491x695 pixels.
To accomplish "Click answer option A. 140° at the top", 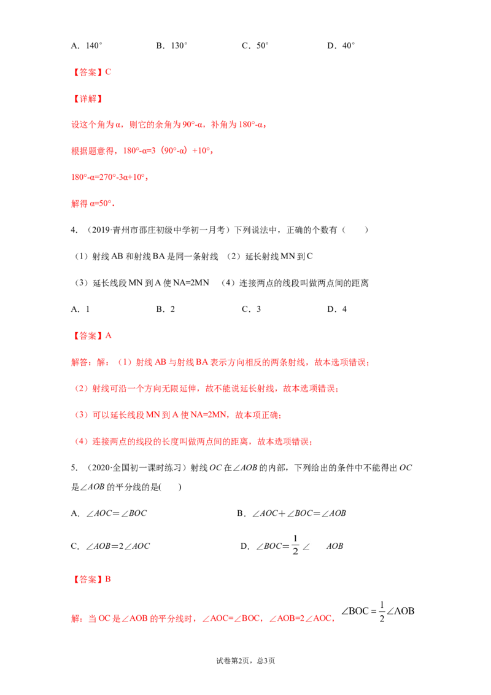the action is click(x=87, y=45).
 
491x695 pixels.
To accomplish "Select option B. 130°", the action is click(x=172, y=45).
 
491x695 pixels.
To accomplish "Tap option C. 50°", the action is click(x=255, y=45).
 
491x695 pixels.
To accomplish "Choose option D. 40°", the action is click(x=341, y=45).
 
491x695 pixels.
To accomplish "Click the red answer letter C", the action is click(x=108, y=72).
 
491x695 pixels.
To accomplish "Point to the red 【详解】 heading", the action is click(x=87, y=98).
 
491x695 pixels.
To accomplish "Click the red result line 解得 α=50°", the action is click(x=93, y=203).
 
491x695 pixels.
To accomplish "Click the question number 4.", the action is click(x=74, y=230).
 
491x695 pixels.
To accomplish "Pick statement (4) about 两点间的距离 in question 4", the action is click(x=295, y=283).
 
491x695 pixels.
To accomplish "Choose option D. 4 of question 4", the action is click(x=337, y=309).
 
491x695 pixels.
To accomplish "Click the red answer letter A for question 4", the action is click(x=109, y=336).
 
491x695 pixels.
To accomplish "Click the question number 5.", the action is click(x=74, y=468).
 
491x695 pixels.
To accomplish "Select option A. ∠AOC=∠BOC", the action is click(x=109, y=513).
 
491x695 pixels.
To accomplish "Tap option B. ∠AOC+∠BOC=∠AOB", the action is click(x=292, y=513).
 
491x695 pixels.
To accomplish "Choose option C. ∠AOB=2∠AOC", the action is click(x=110, y=546).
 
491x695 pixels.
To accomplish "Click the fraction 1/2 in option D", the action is click(x=295, y=545).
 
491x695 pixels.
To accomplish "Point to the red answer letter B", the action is click(x=108, y=580).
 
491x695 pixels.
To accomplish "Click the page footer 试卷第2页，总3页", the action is click(x=245, y=661).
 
